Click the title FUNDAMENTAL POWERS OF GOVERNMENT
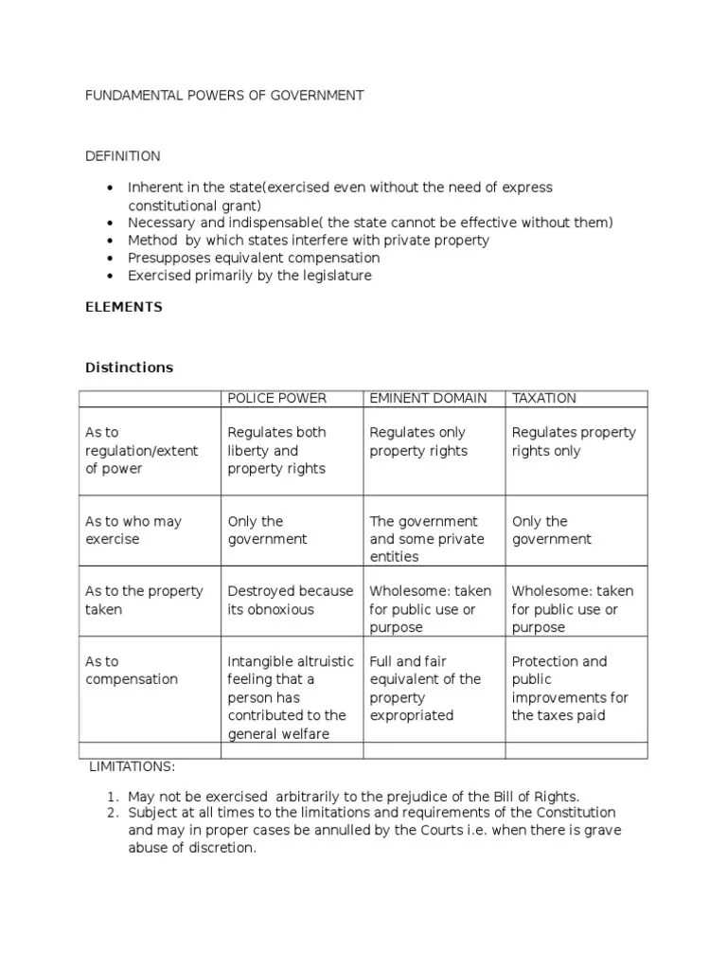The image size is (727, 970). pyautogui.click(x=224, y=96)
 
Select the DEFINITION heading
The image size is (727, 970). pyautogui.click(x=123, y=156)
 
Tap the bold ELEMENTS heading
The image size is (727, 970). pyautogui.click(x=124, y=307)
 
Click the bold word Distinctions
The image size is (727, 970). pyautogui.click(x=130, y=368)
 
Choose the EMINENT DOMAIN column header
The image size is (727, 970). pyautogui.click(x=428, y=399)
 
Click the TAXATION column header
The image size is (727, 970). pyautogui.click(x=544, y=399)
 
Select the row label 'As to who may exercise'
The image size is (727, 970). pyautogui.click(x=133, y=530)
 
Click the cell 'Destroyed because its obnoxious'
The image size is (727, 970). pyautogui.click(x=290, y=601)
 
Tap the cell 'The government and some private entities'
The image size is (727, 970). pyautogui.click(x=426, y=539)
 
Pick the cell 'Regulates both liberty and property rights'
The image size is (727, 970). pyautogui.click(x=276, y=451)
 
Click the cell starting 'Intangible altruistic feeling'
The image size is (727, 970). pyautogui.click(x=290, y=697)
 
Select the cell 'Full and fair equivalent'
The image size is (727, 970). pyautogui.click(x=425, y=688)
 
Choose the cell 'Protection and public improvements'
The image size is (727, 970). pyautogui.click(x=570, y=688)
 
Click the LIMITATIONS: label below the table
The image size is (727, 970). pyautogui.click(x=133, y=765)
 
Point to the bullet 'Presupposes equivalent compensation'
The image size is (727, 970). pyautogui.click(x=254, y=258)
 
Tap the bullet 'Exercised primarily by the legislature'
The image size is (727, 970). pyautogui.click(x=250, y=276)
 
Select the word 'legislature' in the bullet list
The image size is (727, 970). pyautogui.click(x=337, y=276)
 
